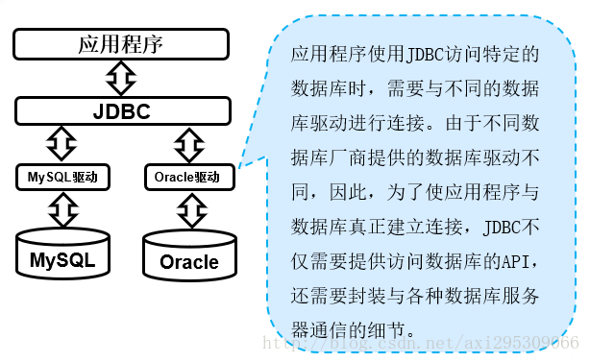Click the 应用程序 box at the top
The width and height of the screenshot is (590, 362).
[121, 44]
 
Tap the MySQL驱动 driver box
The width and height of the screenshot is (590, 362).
[63, 178]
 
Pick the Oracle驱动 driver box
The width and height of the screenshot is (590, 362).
[186, 178]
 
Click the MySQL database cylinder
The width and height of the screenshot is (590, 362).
[63, 254]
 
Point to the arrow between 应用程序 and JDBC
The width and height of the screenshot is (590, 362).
[121, 77]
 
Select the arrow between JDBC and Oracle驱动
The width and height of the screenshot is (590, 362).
[186, 144]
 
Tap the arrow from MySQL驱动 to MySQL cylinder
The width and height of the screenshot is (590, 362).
[63, 208]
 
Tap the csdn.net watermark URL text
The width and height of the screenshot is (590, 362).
[423, 343]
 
